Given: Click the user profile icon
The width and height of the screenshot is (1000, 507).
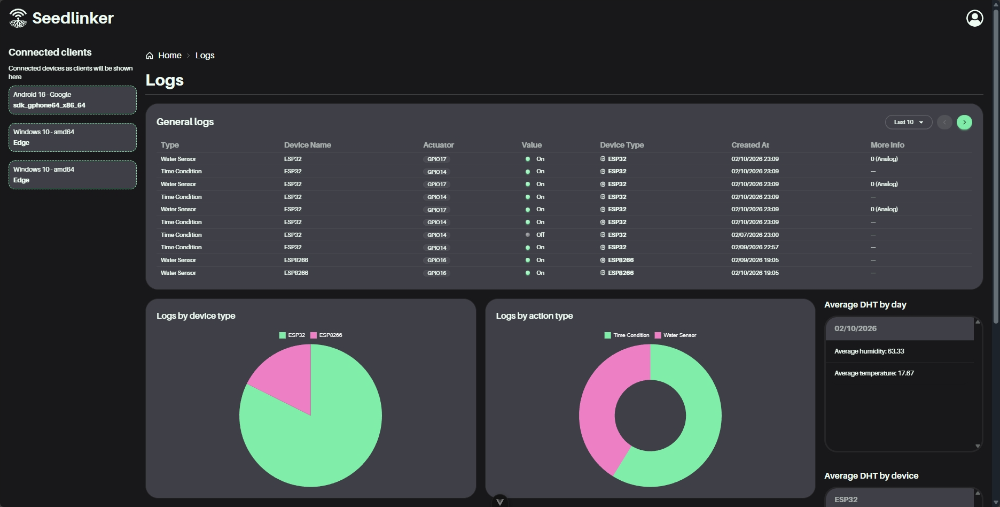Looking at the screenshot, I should pos(974,18).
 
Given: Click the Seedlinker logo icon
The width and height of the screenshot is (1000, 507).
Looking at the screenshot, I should pos(18,18).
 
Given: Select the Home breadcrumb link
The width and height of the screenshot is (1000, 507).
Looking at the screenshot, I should pos(169,56).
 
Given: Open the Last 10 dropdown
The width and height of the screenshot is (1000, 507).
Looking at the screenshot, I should pos(908,122).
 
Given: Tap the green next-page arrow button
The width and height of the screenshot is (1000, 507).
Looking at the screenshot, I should pos(964,122).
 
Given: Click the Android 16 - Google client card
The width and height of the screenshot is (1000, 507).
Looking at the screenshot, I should pos(73,100).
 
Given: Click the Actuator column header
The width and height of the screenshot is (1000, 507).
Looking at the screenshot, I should pos(438,145).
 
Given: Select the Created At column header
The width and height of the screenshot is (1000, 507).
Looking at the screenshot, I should pos(750,145).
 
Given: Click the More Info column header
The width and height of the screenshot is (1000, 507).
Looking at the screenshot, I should pos(887,145).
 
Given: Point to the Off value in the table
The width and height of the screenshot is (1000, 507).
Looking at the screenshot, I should pos(540,235).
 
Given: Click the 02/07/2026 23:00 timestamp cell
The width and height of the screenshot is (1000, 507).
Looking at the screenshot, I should pos(755,235).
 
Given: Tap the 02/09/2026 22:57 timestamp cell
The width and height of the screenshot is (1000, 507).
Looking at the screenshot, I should pos(755,247).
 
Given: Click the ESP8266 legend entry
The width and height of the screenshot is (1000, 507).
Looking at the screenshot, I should pos(326,335).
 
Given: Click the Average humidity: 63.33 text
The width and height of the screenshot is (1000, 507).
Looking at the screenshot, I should pos(869,351).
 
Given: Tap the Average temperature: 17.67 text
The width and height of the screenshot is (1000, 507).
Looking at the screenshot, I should pos(874,373).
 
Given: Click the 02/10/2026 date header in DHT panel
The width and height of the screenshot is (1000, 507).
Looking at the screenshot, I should pos(855,328).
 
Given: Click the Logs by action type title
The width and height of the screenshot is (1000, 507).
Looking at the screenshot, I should pos(534,316).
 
